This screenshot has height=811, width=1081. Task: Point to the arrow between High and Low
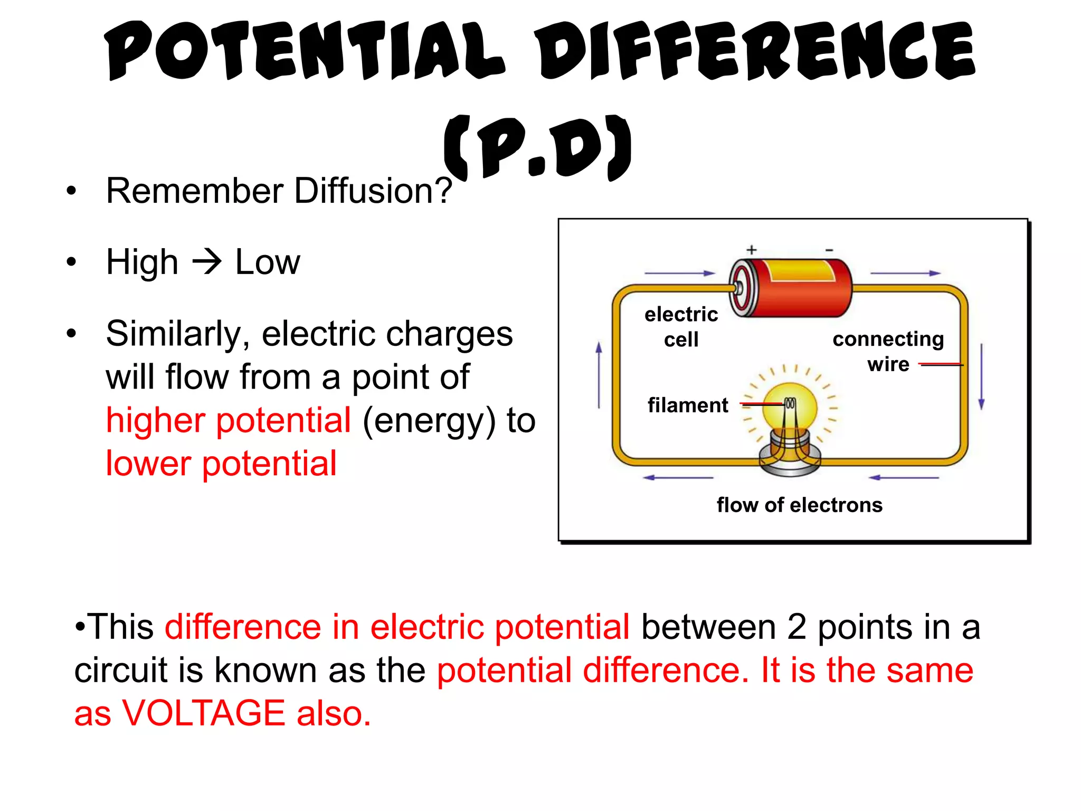206,262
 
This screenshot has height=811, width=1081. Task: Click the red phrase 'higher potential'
228,421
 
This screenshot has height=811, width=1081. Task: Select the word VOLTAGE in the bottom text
204,713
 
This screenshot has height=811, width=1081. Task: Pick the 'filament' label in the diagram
687,405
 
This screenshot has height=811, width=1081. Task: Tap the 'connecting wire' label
888,351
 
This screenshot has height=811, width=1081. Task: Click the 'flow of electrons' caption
799,505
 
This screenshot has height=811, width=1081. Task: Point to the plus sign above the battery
752,249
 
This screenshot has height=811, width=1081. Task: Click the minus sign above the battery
829,250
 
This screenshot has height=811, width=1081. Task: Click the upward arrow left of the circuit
599,375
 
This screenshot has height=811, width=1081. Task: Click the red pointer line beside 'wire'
941,364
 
